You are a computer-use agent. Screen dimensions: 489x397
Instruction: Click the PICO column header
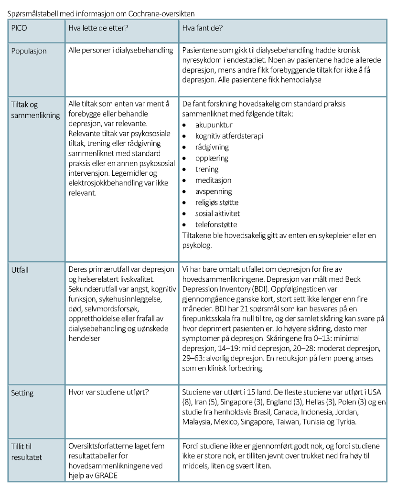tap(20, 28)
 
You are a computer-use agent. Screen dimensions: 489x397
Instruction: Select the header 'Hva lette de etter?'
tap(98, 28)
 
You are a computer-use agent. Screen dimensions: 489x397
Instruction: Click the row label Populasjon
tap(29, 51)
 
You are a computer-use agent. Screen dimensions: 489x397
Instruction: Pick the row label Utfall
tap(20, 270)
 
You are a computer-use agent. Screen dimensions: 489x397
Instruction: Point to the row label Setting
tap(22, 393)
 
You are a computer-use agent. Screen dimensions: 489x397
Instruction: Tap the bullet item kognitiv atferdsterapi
tap(229, 136)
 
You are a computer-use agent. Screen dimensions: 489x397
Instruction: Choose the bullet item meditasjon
tap(213, 181)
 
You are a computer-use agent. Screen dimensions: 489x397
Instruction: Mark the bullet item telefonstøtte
tap(216, 224)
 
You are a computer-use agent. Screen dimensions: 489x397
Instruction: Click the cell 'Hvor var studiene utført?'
tap(108, 393)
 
